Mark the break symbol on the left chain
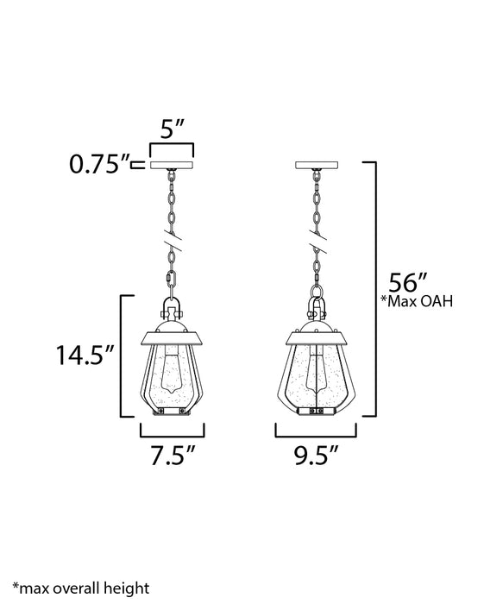pyautogui.click(x=172, y=244)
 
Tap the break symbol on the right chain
pyautogui.click(x=317, y=244)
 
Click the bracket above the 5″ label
pyautogui.click(x=173, y=148)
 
